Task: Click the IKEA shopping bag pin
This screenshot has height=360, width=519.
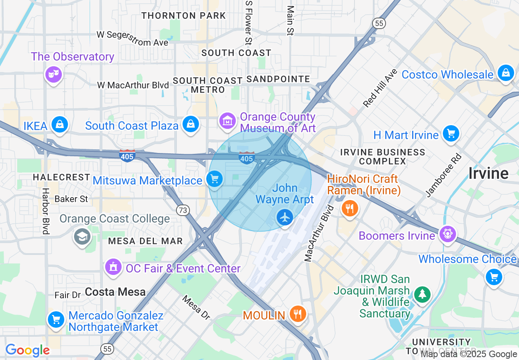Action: click(60, 124)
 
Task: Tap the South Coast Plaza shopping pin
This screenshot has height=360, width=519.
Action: click(191, 124)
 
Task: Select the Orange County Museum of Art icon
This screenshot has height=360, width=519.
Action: click(227, 121)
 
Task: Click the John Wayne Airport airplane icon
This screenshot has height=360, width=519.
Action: click(285, 217)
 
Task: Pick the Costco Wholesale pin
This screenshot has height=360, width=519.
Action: click(506, 73)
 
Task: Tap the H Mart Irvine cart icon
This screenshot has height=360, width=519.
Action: click(451, 134)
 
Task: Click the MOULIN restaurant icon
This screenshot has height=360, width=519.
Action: click(298, 314)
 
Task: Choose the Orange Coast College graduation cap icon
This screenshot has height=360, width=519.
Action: click(82, 236)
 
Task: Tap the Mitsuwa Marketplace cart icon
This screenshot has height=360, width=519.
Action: click(214, 179)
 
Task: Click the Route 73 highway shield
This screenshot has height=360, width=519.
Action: click(183, 210)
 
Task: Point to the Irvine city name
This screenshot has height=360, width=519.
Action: click(488, 173)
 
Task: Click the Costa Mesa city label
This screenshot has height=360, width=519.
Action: click(115, 292)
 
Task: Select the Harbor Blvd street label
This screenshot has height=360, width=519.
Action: click(45, 211)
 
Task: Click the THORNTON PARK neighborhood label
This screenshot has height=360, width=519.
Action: click(184, 16)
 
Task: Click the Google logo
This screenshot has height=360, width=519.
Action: click(27, 350)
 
